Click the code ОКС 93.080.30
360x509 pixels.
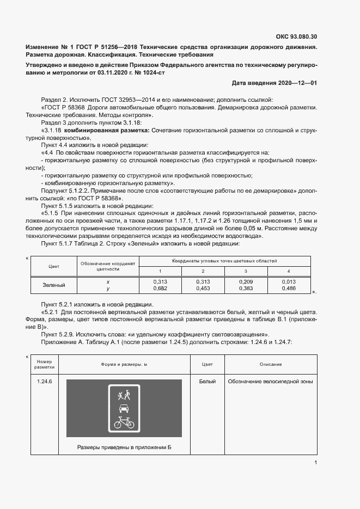point(297,37)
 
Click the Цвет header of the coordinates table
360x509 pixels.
point(54,266)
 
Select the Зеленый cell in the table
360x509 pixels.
point(54,285)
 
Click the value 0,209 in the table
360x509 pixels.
point(246,281)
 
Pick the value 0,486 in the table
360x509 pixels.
point(289,288)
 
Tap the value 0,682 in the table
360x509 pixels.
point(160,288)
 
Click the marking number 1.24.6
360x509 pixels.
point(44,382)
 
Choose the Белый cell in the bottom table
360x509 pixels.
point(208,382)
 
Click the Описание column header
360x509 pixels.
point(271,364)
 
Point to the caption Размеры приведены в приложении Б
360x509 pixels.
point(124,447)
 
